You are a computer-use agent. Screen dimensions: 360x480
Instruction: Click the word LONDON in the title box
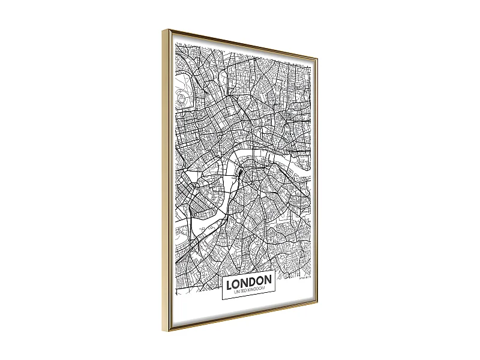click(x=249, y=280)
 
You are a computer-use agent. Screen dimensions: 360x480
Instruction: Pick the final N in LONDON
click(x=269, y=280)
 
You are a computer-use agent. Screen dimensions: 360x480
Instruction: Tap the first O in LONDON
click(x=237, y=280)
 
